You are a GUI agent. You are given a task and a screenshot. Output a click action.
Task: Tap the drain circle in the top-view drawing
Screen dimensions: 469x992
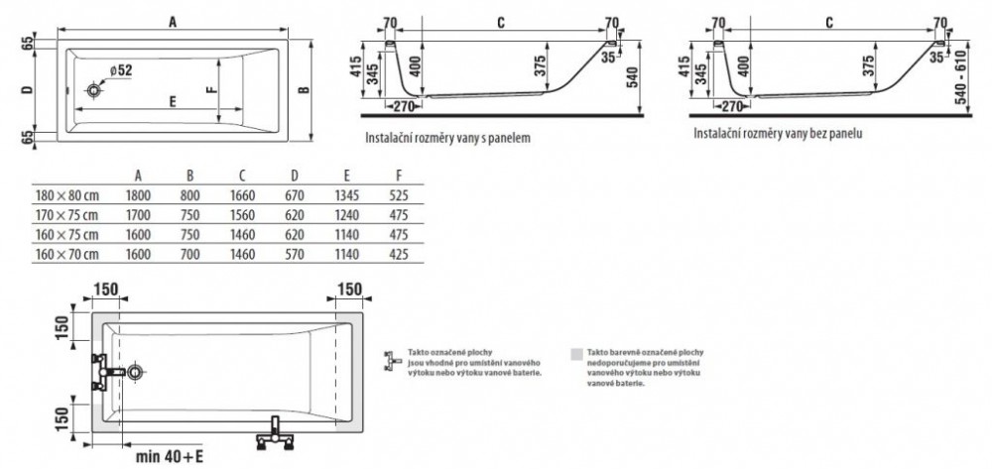(x=93, y=91)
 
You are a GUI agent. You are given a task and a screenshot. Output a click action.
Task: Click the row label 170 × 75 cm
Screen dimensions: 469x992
(x=62, y=213)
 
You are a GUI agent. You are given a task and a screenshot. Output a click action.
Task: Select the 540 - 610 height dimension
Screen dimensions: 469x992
(x=957, y=73)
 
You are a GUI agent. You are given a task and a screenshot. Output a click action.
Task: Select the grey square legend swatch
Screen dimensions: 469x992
(x=575, y=353)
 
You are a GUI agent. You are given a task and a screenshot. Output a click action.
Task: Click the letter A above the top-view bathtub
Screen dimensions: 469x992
(x=174, y=21)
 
